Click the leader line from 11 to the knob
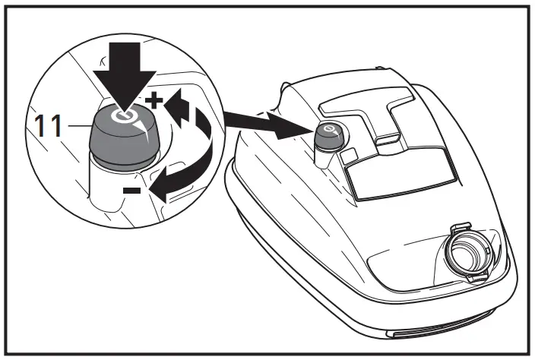coord(76,125)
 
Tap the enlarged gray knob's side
coord(114,144)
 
